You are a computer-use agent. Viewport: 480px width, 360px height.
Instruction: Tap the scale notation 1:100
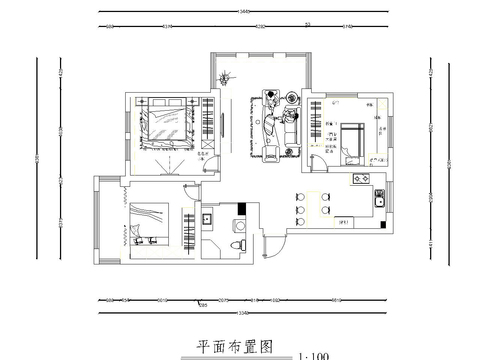point(313,355)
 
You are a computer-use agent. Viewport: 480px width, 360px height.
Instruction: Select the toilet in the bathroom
point(236,243)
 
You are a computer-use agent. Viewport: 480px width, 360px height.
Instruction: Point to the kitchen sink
point(381,199)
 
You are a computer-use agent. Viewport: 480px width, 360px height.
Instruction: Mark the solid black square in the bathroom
point(241,208)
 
